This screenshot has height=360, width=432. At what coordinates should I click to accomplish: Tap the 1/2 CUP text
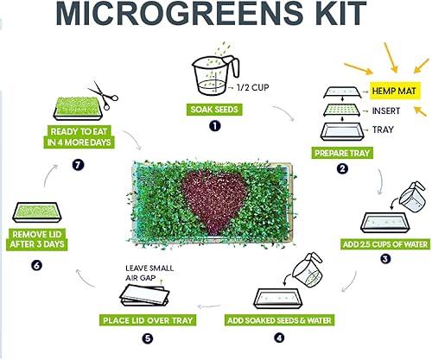coord(250,88)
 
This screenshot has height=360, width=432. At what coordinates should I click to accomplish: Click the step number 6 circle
coord(12,265)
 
